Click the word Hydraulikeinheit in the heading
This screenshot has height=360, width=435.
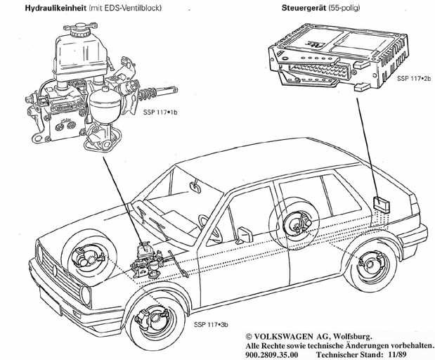[x=56, y=8]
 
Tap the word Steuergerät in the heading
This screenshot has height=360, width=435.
[x=304, y=8]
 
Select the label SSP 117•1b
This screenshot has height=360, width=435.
[x=160, y=112]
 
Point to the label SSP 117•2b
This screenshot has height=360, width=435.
[x=414, y=78]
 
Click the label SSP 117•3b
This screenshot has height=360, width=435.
[x=211, y=324]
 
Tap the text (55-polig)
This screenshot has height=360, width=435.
[x=344, y=8]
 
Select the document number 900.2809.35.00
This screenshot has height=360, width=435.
[x=271, y=354]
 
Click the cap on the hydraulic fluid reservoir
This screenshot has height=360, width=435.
[x=80, y=30]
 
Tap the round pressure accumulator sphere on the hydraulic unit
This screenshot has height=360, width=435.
[x=105, y=103]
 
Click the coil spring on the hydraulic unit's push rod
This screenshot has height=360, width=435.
[x=148, y=94]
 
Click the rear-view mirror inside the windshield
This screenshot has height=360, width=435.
[x=195, y=186]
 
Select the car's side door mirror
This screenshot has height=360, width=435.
[x=245, y=235]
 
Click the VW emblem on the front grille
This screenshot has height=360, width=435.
[x=56, y=270]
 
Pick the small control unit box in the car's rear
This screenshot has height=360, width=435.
[x=381, y=204]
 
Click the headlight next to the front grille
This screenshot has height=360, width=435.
[x=86, y=295]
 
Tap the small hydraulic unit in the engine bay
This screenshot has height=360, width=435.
[x=146, y=260]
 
